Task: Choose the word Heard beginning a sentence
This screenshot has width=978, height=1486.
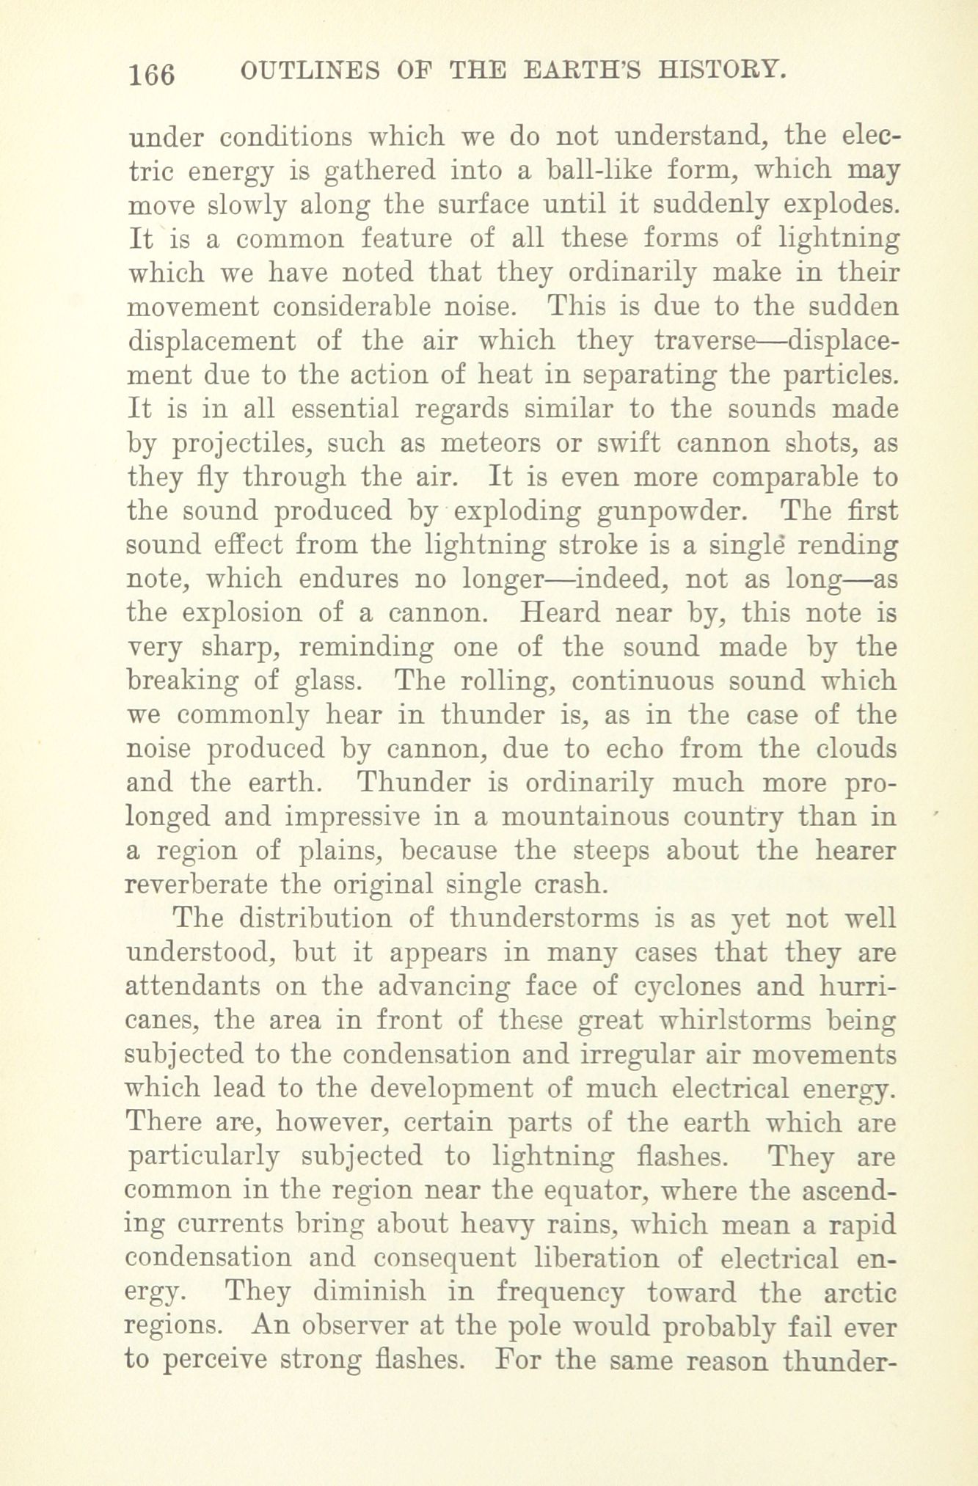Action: pos(556,612)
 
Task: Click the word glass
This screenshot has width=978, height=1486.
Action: pos(327,681)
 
